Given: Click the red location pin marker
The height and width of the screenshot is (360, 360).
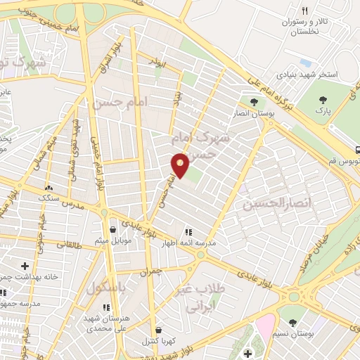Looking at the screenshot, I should click(x=181, y=165).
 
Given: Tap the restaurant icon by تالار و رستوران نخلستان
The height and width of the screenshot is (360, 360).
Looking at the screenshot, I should click(x=304, y=11).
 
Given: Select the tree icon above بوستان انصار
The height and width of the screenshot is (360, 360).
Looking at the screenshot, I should click(x=254, y=102).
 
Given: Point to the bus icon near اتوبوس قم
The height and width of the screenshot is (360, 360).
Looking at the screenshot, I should click(x=358, y=149).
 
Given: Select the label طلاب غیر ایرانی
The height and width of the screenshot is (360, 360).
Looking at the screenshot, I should click(x=204, y=298).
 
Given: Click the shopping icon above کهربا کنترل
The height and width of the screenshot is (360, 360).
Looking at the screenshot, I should click(x=159, y=330).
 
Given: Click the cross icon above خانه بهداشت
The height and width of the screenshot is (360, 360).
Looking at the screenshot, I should click(x=26, y=266).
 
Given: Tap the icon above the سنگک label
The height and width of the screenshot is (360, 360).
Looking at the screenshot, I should click(x=50, y=188).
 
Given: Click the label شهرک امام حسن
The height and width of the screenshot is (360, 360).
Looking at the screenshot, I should click(x=204, y=144).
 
